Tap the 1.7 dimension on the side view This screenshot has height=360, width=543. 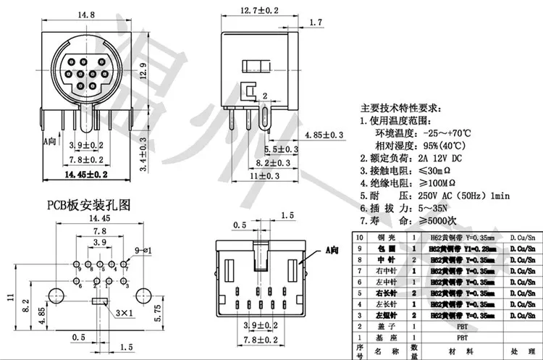315,23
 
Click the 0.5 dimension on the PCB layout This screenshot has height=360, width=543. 78,338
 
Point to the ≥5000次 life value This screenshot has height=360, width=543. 435,219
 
